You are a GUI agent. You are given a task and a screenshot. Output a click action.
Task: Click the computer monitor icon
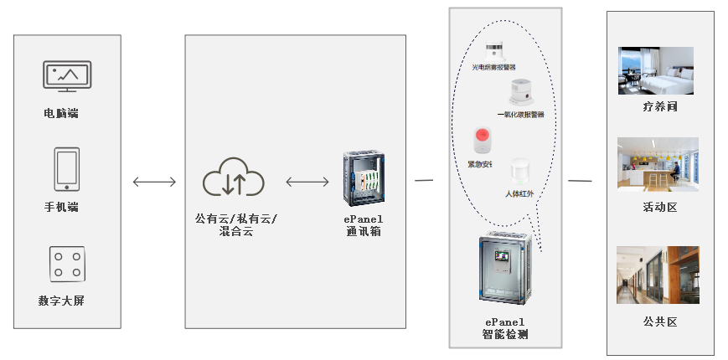point(66,76)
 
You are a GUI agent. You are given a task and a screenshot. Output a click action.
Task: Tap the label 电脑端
point(61,113)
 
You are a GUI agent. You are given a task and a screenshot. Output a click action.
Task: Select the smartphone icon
point(66,169)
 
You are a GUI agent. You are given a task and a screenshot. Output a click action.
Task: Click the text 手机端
point(62,206)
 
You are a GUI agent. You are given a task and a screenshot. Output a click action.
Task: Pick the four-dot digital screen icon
point(67,265)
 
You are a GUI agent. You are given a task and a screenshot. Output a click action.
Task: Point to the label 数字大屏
point(61,301)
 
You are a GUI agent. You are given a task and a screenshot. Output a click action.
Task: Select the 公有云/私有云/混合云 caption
point(235,224)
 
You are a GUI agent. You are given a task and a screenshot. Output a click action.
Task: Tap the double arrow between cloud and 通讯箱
point(307,182)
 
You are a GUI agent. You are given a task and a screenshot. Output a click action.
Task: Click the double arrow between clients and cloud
point(155,182)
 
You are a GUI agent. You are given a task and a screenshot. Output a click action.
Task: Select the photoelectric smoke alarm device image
point(496,49)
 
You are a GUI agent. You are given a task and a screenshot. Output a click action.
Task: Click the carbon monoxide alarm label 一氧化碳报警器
point(520,114)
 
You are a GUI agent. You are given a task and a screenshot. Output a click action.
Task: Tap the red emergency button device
point(482,139)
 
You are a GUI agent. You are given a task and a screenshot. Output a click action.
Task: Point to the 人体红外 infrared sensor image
point(520,172)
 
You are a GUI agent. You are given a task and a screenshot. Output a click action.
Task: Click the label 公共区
point(659,321)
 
